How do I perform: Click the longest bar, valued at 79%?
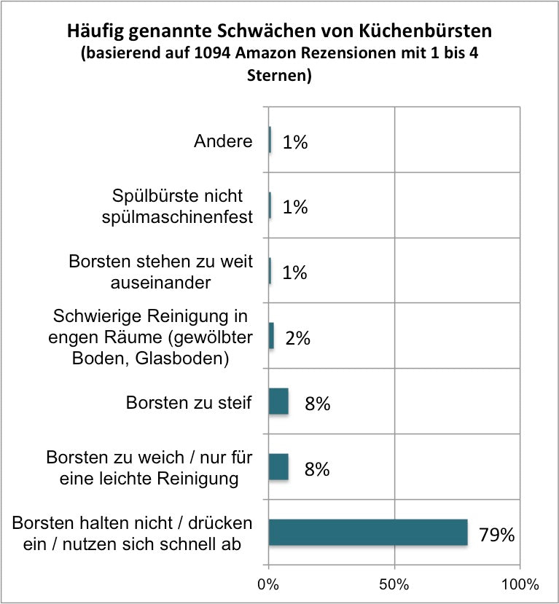point(367,532)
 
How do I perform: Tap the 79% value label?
point(497,535)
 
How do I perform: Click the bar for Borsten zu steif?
point(278,401)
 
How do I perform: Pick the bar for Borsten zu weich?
point(278,466)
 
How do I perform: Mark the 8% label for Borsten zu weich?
point(317,469)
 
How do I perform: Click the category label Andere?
point(223,141)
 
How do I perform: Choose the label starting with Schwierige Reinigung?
point(152,337)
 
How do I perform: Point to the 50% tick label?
point(394,584)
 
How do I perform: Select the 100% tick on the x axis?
point(520,584)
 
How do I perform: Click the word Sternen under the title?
point(279,75)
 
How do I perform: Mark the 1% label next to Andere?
point(295,142)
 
